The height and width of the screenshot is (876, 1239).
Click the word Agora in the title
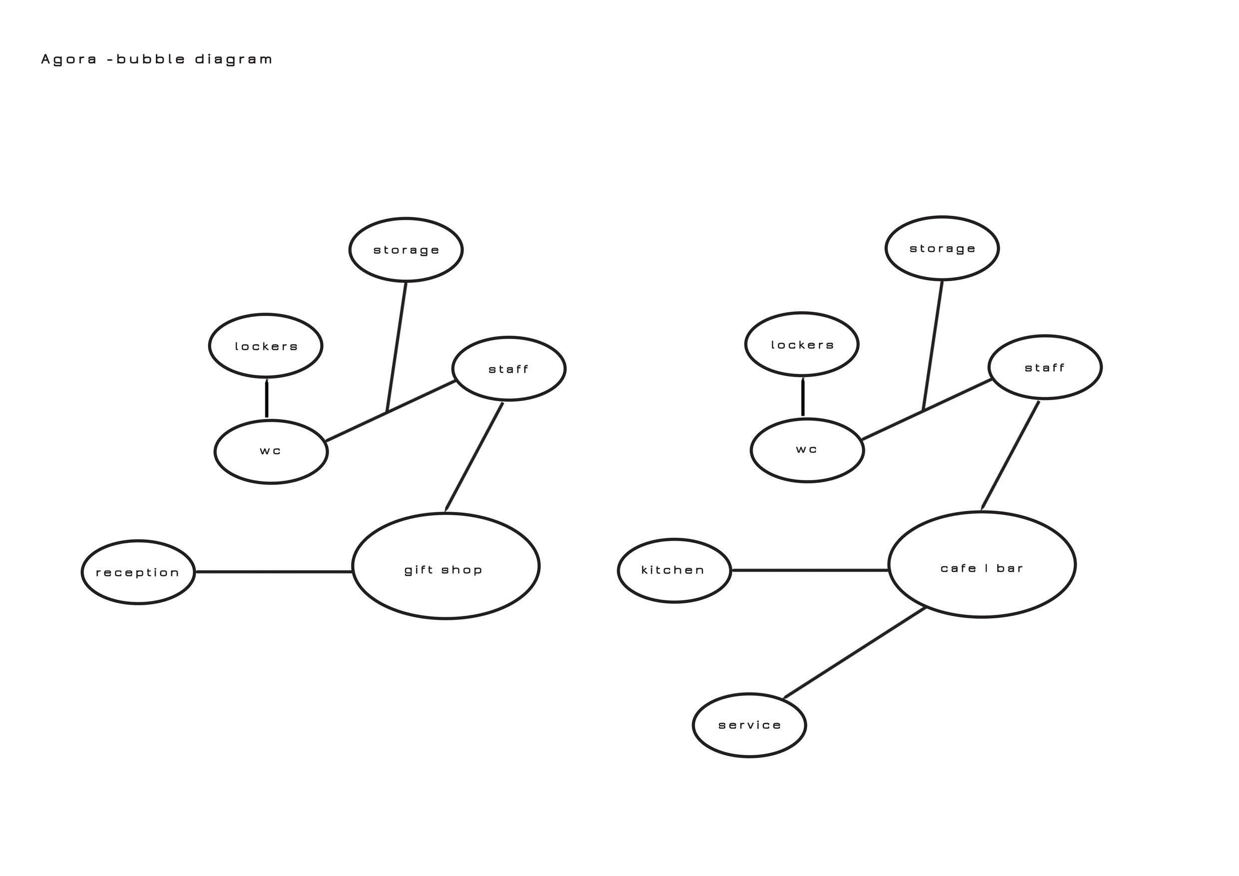tap(68, 59)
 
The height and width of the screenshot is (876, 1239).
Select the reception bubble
tap(138, 572)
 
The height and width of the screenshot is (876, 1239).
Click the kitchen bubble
tap(674, 570)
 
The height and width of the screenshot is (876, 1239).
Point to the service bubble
tap(750, 725)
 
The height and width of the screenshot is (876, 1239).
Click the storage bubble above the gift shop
tap(406, 250)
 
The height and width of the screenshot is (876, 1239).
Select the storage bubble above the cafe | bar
tap(942, 248)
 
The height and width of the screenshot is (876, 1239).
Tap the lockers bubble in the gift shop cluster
tap(266, 346)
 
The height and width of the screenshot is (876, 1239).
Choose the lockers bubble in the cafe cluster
tap(802, 344)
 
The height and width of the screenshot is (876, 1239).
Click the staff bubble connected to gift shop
tap(508, 369)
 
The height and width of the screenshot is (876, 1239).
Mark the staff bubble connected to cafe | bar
tap(1045, 368)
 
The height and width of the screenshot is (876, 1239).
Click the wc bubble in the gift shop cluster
tap(271, 451)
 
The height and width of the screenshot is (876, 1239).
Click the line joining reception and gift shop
tap(274, 571)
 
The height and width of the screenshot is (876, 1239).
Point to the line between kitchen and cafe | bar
tap(810, 569)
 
